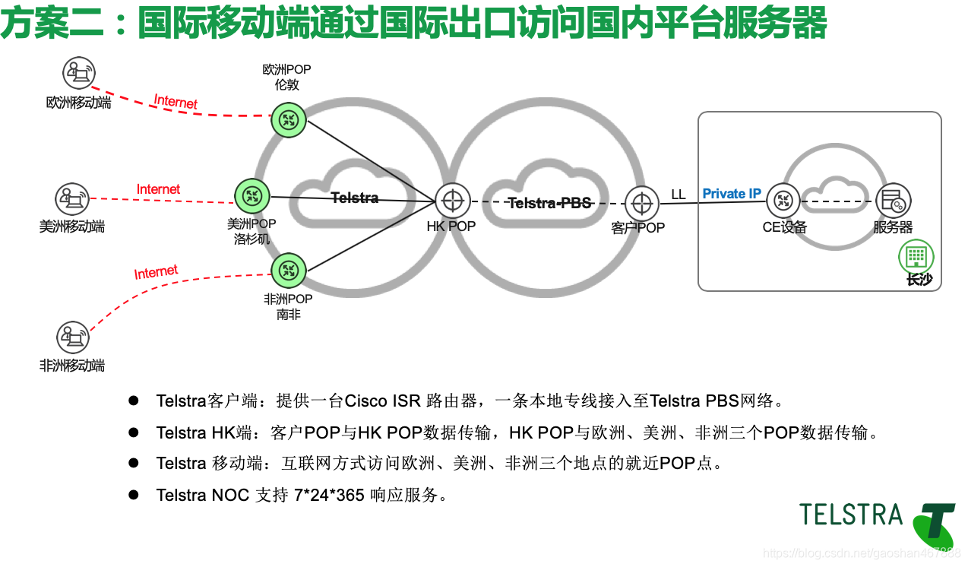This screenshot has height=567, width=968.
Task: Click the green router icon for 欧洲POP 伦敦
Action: click(288, 119)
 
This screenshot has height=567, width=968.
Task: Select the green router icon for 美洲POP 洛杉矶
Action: click(251, 197)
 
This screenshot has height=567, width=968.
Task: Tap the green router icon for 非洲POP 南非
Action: click(288, 270)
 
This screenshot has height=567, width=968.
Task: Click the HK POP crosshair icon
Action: click(453, 201)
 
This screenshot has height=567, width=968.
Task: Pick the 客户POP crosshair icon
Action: click(642, 203)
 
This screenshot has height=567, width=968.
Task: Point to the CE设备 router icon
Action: click(783, 201)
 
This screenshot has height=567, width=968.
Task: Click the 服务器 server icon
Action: click(893, 201)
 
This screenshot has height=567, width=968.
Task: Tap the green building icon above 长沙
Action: click(916, 257)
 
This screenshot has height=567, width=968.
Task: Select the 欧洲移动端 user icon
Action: click(79, 74)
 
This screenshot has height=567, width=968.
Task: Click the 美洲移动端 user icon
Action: click(72, 199)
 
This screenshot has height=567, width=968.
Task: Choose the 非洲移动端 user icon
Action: click(73, 337)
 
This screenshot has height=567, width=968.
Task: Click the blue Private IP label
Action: click(731, 194)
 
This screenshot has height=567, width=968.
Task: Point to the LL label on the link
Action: click(678, 195)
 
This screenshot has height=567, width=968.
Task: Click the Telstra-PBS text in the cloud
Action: click(549, 203)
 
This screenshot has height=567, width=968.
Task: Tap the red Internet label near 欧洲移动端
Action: click(176, 102)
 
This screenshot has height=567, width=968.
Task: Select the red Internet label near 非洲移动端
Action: click(156, 272)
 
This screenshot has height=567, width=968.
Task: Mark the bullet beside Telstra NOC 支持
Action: click(134, 495)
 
